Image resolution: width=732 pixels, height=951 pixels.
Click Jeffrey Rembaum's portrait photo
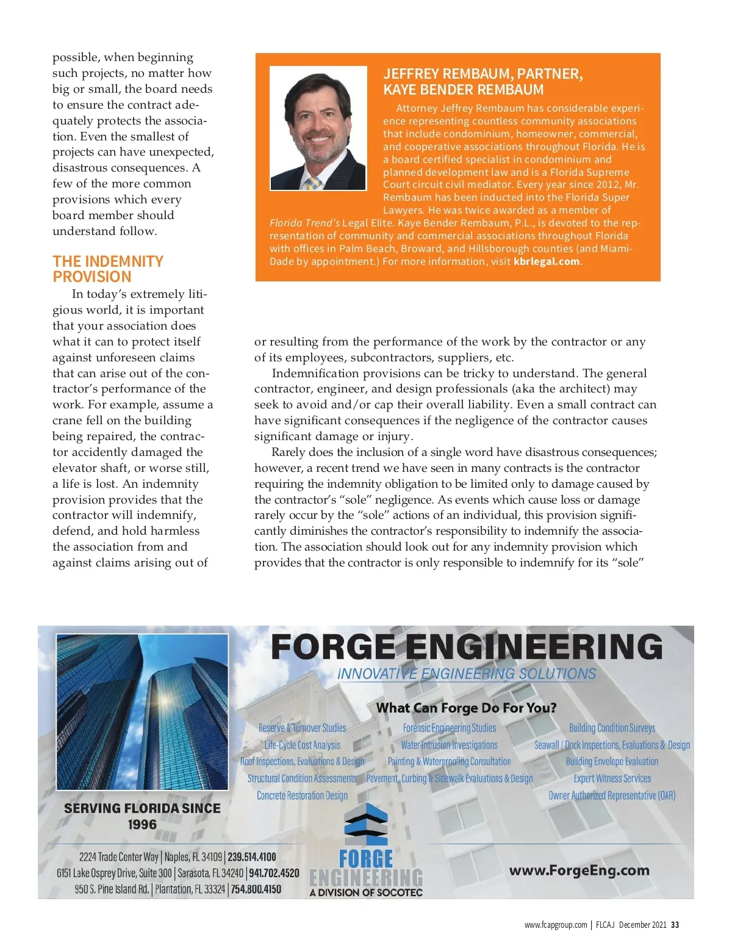tap(318, 128)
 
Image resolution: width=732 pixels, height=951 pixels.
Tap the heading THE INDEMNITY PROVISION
tap(108, 269)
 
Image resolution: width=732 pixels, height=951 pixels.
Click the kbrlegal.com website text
tap(547, 261)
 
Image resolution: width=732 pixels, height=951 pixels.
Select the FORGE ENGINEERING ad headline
tap(466, 647)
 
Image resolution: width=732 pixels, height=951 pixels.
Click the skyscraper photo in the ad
tap(142, 712)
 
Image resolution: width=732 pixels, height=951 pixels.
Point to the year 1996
tap(142, 825)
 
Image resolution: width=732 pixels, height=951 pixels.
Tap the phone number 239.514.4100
tap(251, 857)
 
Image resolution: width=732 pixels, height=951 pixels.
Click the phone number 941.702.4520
tap(274, 873)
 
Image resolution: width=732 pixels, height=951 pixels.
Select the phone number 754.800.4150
tap(256, 889)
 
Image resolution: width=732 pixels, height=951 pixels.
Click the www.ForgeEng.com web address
tap(579, 870)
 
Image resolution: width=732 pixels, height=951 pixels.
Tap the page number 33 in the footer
tap(675, 925)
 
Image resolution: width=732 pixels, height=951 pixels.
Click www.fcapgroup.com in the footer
tap(555, 925)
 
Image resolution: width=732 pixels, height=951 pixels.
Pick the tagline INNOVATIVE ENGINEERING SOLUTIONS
tap(467, 674)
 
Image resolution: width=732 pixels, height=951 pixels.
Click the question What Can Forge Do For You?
tap(466, 708)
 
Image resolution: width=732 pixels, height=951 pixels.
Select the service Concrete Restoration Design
tap(302, 795)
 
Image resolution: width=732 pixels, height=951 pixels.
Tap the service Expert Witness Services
tap(612, 778)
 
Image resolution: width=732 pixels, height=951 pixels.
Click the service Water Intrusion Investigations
tap(449, 745)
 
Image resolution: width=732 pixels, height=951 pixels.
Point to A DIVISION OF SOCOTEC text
tap(366, 892)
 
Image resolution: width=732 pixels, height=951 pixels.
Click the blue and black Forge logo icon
tap(366, 823)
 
